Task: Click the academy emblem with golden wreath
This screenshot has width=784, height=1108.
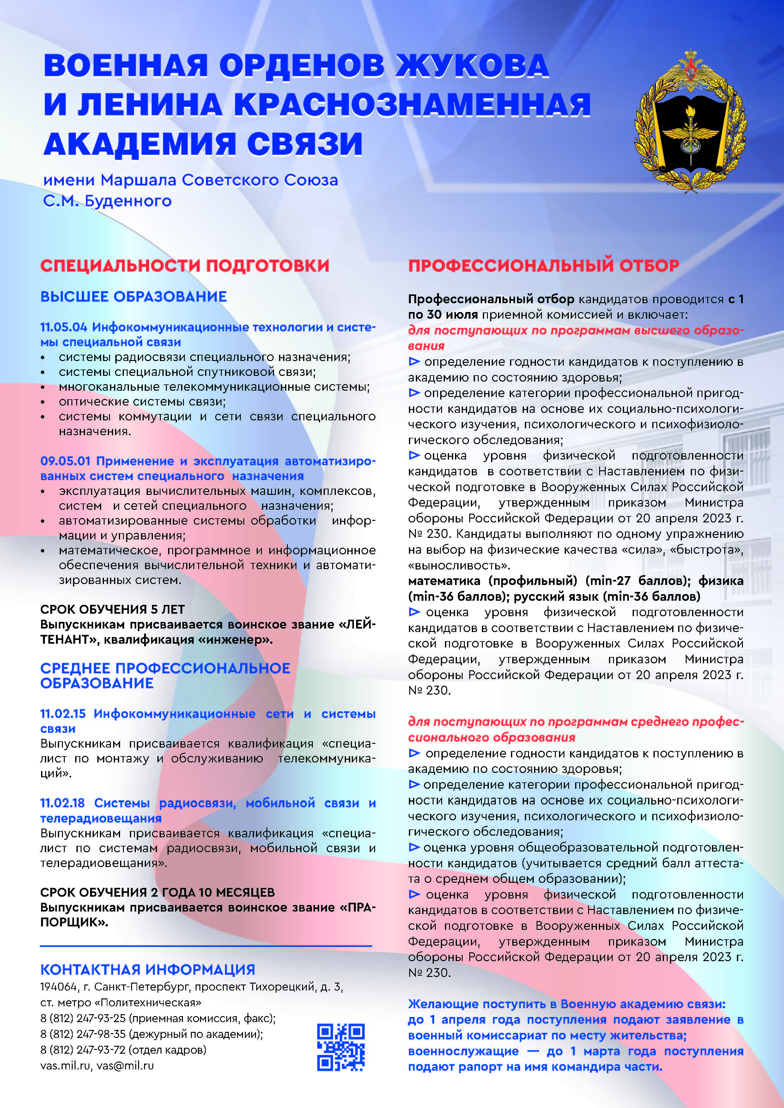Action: tap(690, 121)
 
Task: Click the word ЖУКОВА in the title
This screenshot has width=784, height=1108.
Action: tap(472, 66)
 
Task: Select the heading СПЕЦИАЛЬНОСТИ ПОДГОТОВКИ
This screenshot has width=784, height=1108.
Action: tap(185, 265)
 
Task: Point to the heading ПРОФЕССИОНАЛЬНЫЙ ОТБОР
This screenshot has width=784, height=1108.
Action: tap(544, 265)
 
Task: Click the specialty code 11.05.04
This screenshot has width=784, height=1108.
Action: tap(63, 327)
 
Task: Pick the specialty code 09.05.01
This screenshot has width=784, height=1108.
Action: tap(65, 461)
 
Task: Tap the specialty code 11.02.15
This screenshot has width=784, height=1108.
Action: tap(63, 714)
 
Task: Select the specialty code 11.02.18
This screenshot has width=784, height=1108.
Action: tap(62, 803)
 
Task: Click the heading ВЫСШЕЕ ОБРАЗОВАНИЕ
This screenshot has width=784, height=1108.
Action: tap(133, 296)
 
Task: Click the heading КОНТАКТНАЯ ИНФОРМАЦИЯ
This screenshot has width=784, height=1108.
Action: tap(147, 970)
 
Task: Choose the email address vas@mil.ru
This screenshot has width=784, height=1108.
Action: tap(125, 1066)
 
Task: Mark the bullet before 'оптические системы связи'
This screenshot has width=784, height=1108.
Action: tap(43, 402)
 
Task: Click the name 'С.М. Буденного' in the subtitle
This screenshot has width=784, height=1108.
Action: tap(107, 201)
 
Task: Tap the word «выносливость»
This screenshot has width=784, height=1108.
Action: tap(459, 565)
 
